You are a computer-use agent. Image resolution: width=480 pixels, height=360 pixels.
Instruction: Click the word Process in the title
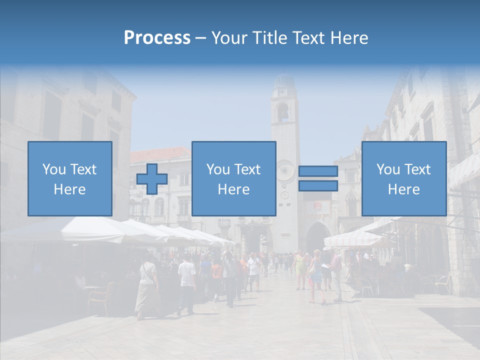[157, 38]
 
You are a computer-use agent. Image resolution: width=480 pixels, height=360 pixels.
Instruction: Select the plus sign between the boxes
[152, 179]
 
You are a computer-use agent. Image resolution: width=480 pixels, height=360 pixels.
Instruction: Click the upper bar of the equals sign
[318, 171]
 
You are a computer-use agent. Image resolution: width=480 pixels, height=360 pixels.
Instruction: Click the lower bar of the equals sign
[318, 186]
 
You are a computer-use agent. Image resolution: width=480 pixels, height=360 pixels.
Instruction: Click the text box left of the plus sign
[70, 179]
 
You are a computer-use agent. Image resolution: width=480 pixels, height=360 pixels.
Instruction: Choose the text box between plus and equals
[234, 179]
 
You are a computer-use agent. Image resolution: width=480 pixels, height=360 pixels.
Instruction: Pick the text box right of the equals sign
[404, 179]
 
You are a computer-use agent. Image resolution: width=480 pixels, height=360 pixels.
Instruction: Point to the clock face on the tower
[285, 170]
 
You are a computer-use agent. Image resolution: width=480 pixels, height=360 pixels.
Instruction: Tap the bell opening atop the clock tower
[283, 112]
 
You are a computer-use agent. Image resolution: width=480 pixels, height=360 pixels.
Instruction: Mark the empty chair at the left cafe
[97, 300]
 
